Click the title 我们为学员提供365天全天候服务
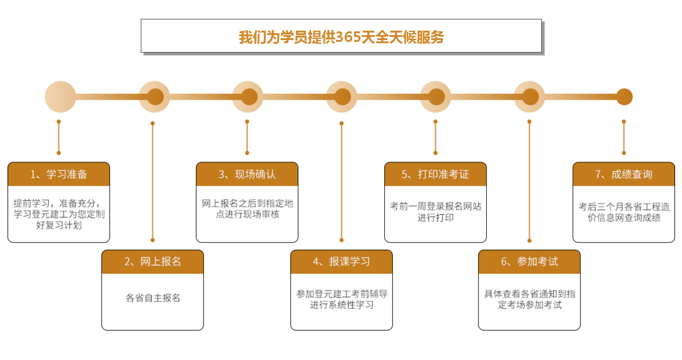point(341,37)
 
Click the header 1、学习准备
point(59,174)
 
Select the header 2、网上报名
point(153,262)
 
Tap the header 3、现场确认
point(247,174)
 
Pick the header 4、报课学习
point(342,262)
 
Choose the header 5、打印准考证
point(435,174)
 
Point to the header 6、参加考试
point(529,262)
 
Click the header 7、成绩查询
point(624,174)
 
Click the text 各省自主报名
point(153,298)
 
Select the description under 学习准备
point(59,213)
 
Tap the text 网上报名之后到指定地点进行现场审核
point(247,208)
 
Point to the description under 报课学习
point(342,299)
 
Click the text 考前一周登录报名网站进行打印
point(435,212)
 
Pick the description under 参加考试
point(529,299)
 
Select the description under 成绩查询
point(624,212)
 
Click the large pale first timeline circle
point(60,97)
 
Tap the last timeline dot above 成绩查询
point(624,97)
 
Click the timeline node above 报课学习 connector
point(342,97)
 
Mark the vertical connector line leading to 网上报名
point(153,182)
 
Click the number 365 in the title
point(348,37)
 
